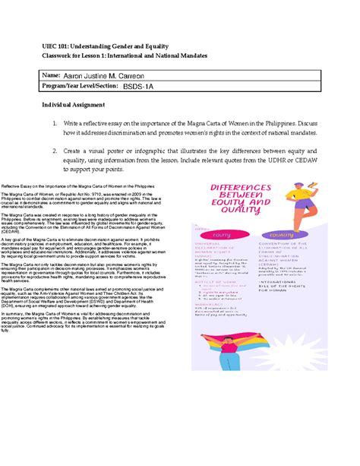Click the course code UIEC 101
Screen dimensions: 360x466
coord(58,46)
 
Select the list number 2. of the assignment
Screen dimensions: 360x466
coord(68,151)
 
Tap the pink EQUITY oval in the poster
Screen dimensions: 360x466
coord(224,235)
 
